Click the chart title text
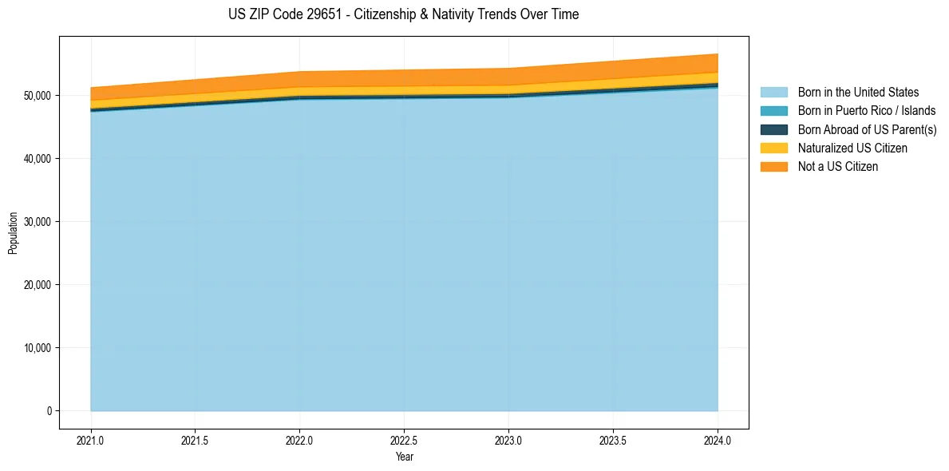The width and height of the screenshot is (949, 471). coord(403,14)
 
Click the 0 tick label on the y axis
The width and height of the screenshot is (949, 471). coord(49,411)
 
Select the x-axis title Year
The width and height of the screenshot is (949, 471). coord(404,457)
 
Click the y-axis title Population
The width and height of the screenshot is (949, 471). coord(13,233)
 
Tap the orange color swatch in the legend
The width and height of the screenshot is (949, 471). coord(773,167)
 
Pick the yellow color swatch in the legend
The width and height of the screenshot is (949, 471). coord(773,148)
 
